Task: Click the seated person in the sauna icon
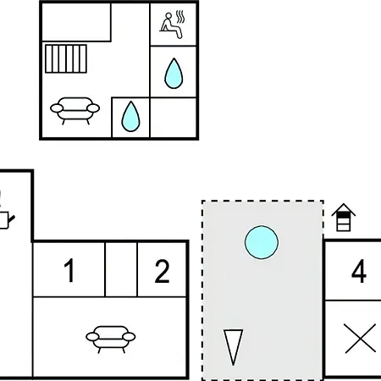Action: [x=171, y=25]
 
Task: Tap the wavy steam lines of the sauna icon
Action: [x=180, y=17]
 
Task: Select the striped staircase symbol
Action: [x=66, y=58]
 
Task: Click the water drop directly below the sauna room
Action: [x=174, y=74]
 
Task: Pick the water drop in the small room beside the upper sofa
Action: [x=130, y=116]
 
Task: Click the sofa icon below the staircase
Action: [x=75, y=111]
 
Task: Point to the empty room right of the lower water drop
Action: [x=173, y=118]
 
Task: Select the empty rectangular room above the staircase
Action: [x=76, y=22]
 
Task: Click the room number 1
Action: [x=69, y=270]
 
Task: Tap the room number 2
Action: [x=163, y=271]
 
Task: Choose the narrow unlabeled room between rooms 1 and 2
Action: [x=121, y=269]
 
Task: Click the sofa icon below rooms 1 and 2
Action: [x=111, y=340]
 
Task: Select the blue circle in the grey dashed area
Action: [x=262, y=242]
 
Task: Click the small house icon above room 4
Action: [x=344, y=217]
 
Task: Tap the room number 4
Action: [x=359, y=271]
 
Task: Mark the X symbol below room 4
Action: [x=361, y=339]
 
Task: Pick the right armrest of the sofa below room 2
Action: [x=130, y=337]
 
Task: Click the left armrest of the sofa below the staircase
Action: [x=57, y=108]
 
